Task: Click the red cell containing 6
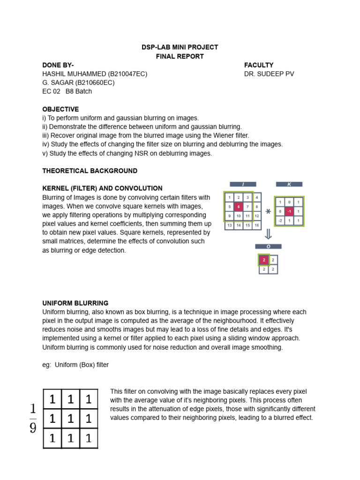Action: click(239, 207)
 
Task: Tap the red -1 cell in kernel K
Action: click(289, 211)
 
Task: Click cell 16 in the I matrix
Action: click(256, 225)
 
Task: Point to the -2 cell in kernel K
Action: click(280, 220)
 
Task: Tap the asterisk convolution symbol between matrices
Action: click(268, 211)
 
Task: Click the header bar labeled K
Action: click(289, 184)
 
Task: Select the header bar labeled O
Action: click(268, 246)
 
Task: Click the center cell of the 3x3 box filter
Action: click(70, 419)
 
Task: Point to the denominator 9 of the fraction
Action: click(33, 428)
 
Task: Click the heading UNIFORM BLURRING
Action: click(75, 303)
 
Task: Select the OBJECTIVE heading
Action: click(60, 109)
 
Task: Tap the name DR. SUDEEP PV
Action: click(269, 74)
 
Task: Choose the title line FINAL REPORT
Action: click(180, 56)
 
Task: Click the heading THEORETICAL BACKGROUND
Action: click(90, 171)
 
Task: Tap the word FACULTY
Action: click(259, 65)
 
